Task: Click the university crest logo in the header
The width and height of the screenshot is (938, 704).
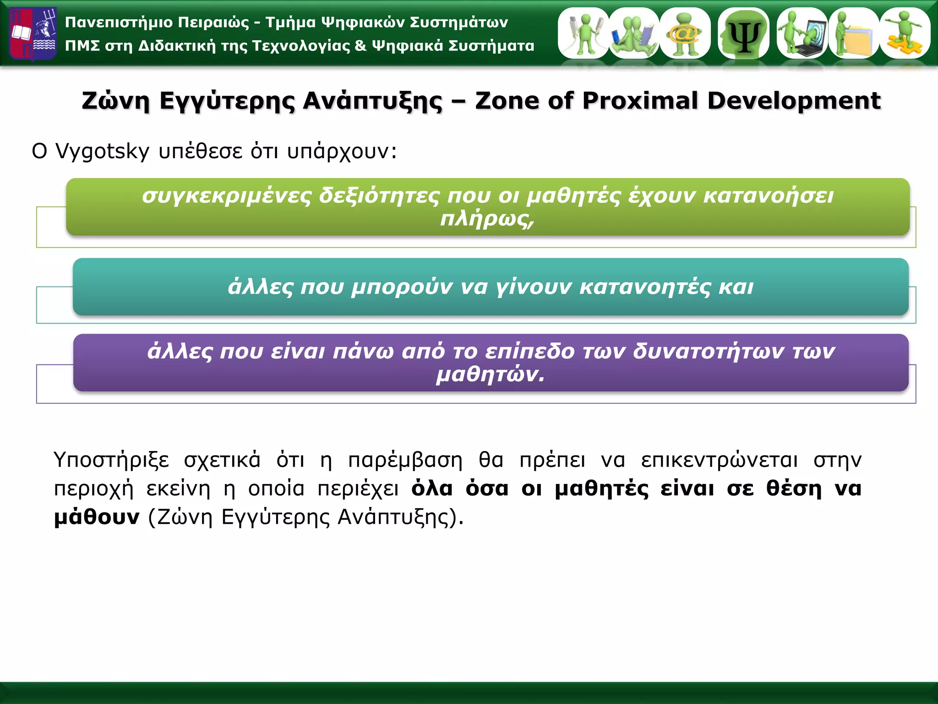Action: pos(33,34)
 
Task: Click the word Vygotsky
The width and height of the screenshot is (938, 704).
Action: pos(102,151)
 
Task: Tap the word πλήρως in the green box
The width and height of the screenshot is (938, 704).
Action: pos(487,219)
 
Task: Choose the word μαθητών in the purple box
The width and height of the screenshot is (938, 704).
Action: pos(490,375)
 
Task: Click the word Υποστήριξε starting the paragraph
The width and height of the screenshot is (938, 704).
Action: pos(111,460)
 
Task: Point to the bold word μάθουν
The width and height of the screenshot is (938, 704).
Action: pos(97,517)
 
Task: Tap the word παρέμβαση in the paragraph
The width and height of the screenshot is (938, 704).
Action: pos(405,460)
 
